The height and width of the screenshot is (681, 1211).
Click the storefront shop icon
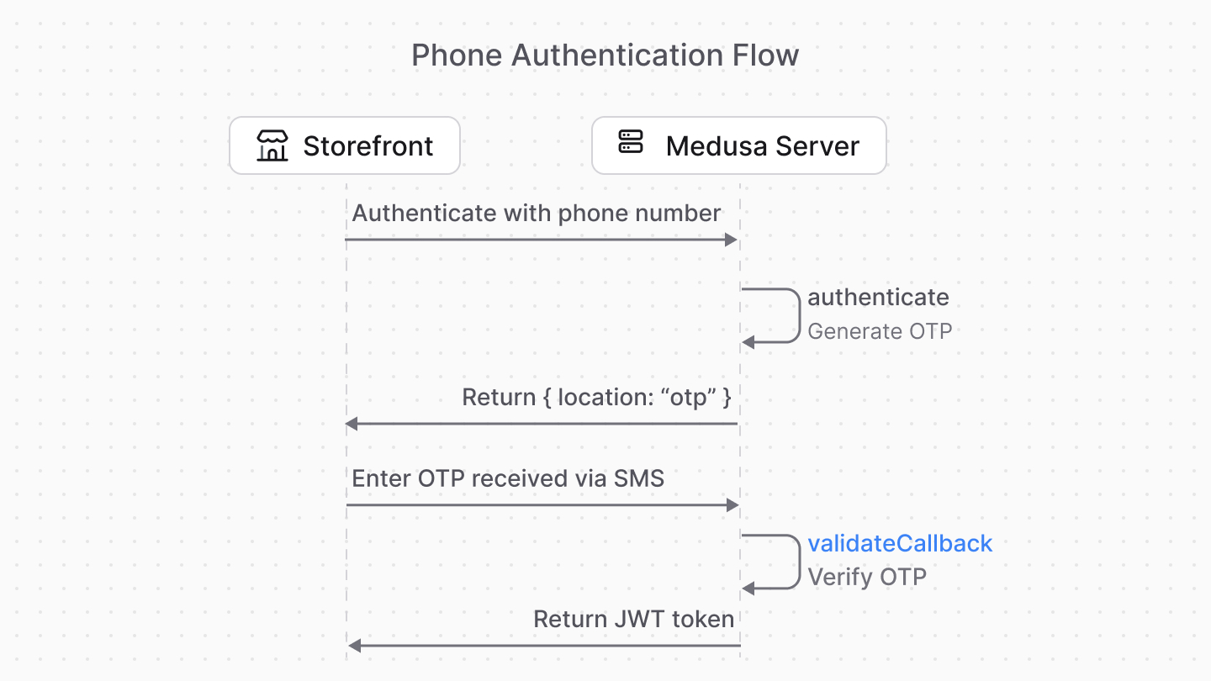[272, 146]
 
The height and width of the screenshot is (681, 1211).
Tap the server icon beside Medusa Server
[630, 142]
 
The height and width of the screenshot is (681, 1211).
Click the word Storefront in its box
[368, 146]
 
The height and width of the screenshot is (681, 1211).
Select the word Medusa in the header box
[716, 146]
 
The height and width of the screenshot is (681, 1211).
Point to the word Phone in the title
[457, 55]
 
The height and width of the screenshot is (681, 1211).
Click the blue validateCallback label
[900, 543]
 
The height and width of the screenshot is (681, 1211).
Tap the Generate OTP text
[880, 331]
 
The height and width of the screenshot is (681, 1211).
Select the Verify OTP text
[867, 578]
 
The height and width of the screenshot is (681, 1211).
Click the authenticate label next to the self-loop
[878, 297]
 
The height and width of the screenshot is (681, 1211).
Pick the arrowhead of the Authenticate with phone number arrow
[731, 240]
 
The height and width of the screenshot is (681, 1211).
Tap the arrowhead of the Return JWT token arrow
[355, 646]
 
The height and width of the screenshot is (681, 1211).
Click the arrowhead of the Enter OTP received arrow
[732, 505]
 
